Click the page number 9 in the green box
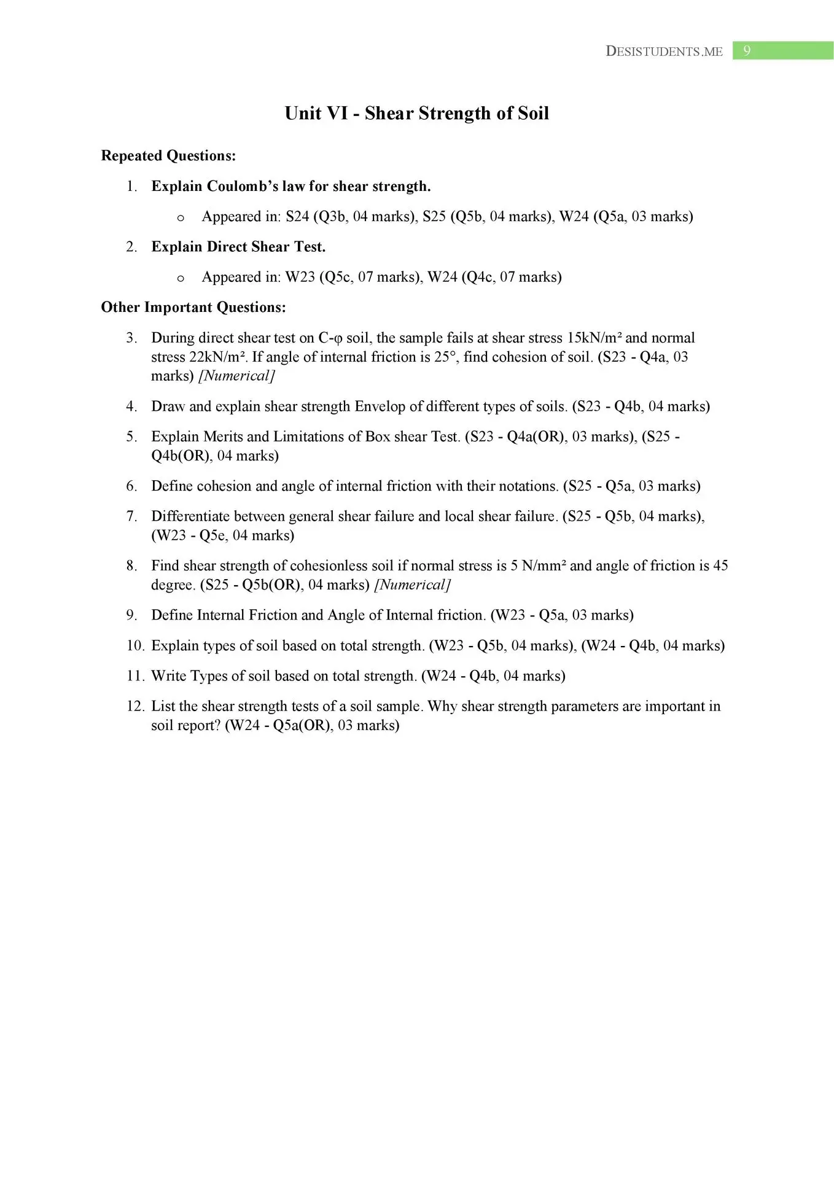tap(747, 51)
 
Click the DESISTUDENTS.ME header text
tap(664, 52)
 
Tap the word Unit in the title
tap(303, 114)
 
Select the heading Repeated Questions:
tap(168, 156)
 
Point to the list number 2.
tap(131, 247)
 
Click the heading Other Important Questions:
tap(193, 307)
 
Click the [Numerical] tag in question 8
tap(412, 585)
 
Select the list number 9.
tap(131, 615)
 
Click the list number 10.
tap(134, 645)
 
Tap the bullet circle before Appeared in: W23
tap(181, 278)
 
